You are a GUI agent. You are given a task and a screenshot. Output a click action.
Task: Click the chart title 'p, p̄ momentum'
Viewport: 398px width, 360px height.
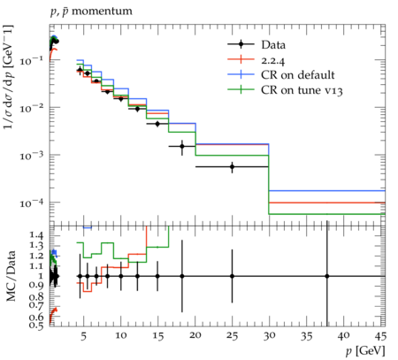click(91, 11)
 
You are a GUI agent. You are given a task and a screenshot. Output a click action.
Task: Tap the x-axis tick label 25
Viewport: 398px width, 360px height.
click(233, 336)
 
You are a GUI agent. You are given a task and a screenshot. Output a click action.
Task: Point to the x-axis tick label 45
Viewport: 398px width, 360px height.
click(381, 336)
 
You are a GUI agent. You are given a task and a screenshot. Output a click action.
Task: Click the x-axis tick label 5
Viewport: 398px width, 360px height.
click(84, 336)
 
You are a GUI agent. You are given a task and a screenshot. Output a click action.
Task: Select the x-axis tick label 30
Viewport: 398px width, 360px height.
click(270, 336)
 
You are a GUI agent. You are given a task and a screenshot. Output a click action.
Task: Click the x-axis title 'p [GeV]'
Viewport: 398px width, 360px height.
click(365, 351)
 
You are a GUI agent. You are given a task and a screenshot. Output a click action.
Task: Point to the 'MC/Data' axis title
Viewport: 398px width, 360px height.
click(11, 276)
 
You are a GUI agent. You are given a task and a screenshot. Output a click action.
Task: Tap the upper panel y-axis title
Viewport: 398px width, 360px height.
click(9, 77)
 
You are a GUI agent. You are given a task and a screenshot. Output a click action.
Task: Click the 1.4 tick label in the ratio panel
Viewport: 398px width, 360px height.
click(36, 235)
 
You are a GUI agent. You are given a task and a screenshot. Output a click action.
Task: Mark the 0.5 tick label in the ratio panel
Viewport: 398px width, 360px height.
click(36, 326)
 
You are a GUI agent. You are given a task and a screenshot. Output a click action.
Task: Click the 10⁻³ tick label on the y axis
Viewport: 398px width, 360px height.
click(32, 155)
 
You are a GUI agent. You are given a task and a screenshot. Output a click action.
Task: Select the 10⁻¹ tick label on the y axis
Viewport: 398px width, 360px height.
click(32, 60)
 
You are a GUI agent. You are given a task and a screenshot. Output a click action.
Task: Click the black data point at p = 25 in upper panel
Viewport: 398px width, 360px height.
click(233, 167)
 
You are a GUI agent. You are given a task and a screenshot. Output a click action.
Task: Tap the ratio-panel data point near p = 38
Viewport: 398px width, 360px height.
click(327, 276)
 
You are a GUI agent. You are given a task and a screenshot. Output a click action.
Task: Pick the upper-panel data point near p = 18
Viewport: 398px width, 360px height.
click(182, 146)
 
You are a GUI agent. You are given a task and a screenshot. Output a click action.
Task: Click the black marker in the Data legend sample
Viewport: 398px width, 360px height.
click(241, 44)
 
